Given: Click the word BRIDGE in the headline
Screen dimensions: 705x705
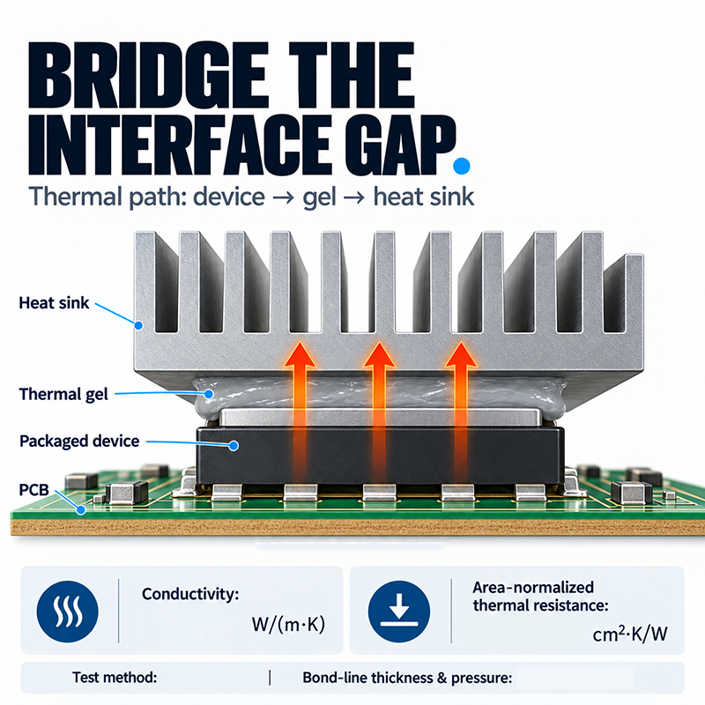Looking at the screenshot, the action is pos(146,76).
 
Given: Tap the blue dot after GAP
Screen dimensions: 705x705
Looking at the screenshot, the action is pos(462,166).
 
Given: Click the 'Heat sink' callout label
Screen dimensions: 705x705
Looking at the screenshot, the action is pos(54,303).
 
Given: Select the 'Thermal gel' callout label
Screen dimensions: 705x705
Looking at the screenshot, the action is pos(63,394).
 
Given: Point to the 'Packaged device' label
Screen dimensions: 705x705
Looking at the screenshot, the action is pos(79,442).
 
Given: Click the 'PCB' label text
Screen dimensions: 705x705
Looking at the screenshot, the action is pos(33,489).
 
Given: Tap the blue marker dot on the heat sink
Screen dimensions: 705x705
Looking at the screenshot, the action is pos(139,325).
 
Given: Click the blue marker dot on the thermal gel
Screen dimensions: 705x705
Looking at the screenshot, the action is pos(208,394).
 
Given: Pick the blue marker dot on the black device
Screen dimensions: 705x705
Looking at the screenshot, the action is pos(234,446).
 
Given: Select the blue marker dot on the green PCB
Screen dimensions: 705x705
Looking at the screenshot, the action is pos(81,510).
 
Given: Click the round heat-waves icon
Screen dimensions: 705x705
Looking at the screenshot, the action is pos(68,612).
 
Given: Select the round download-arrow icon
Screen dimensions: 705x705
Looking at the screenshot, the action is pos(399,612).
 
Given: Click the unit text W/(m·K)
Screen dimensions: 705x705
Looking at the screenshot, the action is pos(288,625).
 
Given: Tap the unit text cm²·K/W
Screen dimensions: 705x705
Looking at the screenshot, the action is pos(630,634).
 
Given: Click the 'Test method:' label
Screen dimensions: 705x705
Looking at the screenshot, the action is pos(115,677).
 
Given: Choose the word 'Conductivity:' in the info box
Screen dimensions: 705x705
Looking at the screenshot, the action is pos(190,594).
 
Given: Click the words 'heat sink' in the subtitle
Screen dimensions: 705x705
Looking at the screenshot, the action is pos(424,197).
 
